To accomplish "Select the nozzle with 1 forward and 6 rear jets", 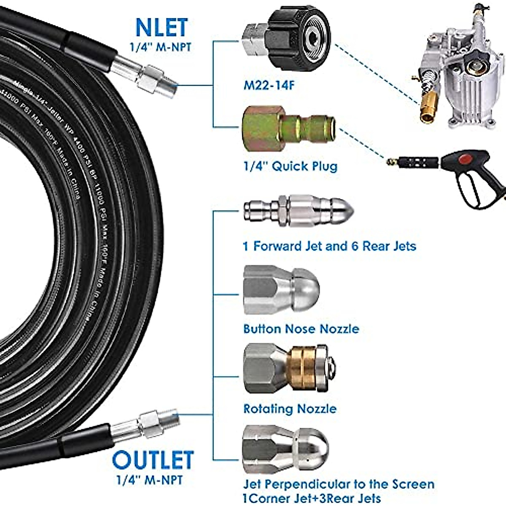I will coord(297,211).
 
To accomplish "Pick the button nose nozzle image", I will coord(281,290).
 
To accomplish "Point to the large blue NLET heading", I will coord(161,28).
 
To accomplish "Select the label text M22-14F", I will coord(269,86).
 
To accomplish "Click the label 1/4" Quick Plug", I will coord(291,166).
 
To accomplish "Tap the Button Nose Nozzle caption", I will coord(301,328).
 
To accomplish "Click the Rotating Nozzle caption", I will coord(290,409).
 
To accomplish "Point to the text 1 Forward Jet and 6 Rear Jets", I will coord(329,246).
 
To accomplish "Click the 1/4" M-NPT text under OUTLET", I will coord(150,479).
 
